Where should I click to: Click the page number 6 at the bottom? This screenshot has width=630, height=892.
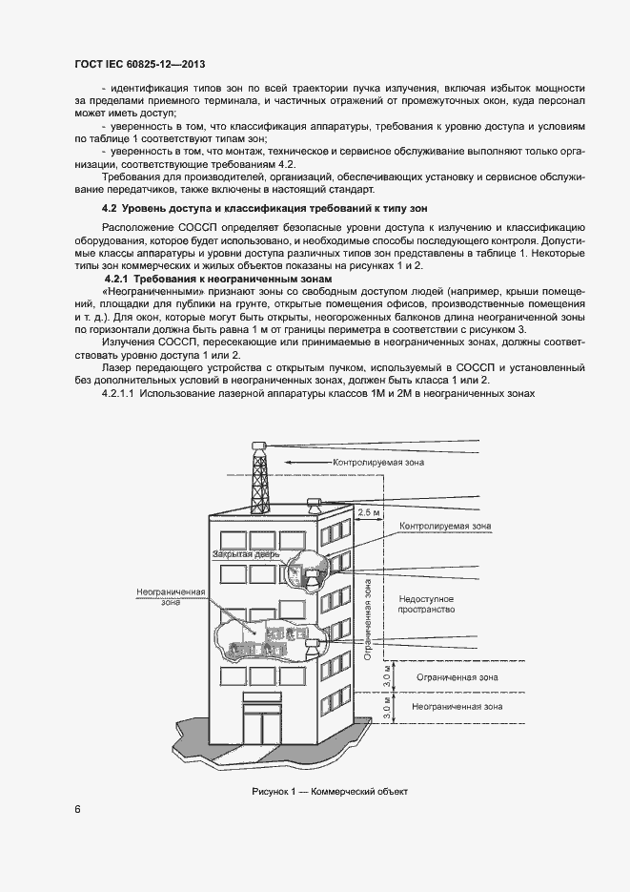click(x=77, y=810)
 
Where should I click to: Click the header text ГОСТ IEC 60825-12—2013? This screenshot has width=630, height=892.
click(x=139, y=64)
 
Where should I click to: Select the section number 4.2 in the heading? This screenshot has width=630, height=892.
click(x=110, y=208)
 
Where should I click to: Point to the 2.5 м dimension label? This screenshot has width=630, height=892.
click(x=368, y=512)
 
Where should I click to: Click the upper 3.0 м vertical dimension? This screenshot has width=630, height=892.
click(x=387, y=677)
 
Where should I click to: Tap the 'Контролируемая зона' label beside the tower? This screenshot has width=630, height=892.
click(x=378, y=462)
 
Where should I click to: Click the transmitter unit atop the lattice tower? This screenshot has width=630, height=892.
click(x=257, y=446)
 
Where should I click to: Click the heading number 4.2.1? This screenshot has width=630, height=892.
click(x=119, y=278)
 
